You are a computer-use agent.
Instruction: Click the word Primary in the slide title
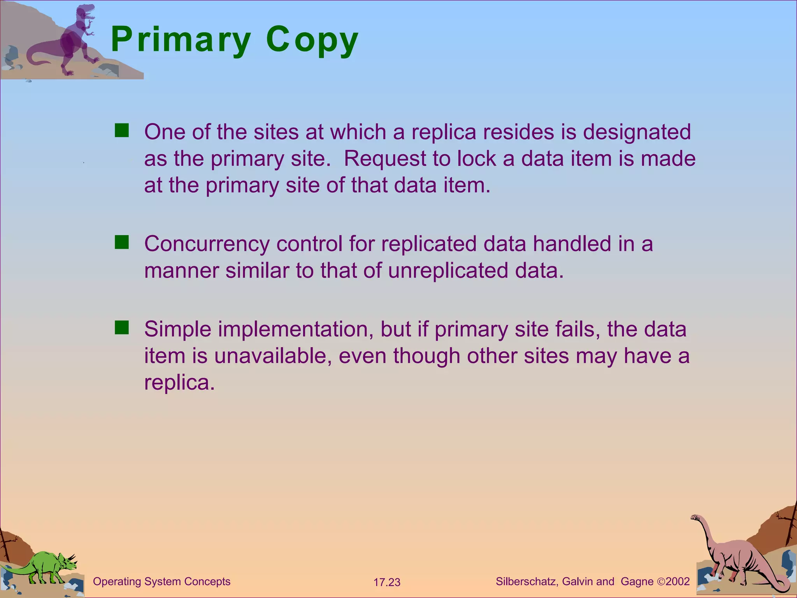pyautogui.click(x=181, y=40)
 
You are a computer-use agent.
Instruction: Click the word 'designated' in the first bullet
pyautogui.click(x=637, y=132)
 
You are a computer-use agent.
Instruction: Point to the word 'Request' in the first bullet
pyautogui.click(x=385, y=159)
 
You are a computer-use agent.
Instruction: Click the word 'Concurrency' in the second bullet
pyautogui.click(x=207, y=244)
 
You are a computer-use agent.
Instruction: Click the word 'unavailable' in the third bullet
pyautogui.click(x=273, y=356)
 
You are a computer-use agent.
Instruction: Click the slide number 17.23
pyautogui.click(x=387, y=582)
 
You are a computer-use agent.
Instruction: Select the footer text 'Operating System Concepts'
pyautogui.click(x=162, y=582)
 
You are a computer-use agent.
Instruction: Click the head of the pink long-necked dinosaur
pyautogui.click(x=696, y=518)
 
